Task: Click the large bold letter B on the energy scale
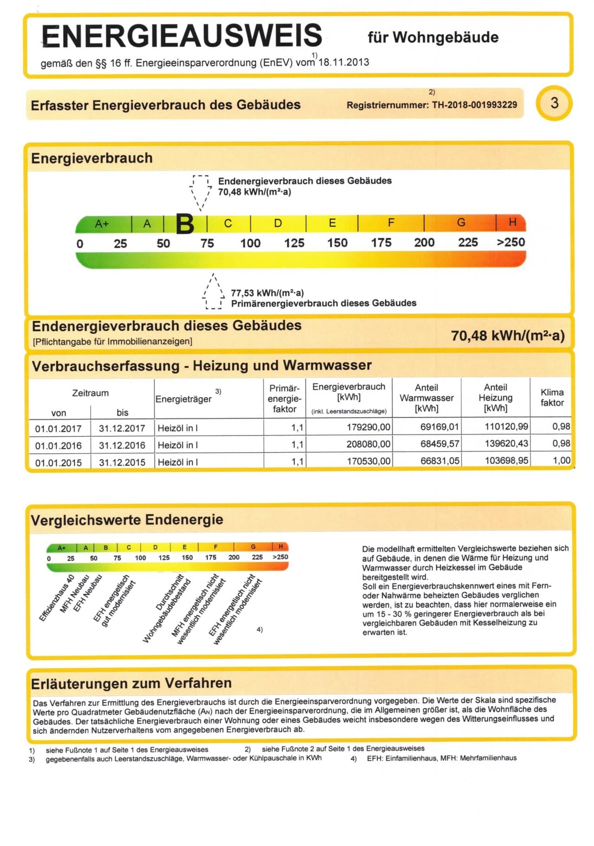(x=185, y=224)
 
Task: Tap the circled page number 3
(x=554, y=103)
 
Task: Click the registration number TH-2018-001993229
(x=474, y=105)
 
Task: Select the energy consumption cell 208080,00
(x=368, y=444)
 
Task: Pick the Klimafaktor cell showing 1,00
(x=561, y=460)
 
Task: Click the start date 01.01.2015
(x=58, y=463)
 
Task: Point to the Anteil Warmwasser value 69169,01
(x=439, y=426)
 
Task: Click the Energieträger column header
(x=183, y=399)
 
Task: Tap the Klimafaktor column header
(x=552, y=397)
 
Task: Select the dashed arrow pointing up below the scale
(x=213, y=291)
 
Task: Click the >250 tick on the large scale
(x=511, y=242)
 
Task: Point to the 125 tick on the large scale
(x=294, y=243)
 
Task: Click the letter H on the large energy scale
(x=512, y=223)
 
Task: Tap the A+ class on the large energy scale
(x=102, y=224)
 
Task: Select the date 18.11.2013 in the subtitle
(x=343, y=62)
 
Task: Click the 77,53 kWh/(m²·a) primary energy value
(x=267, y=293)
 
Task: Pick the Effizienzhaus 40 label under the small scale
(x=57, y=598)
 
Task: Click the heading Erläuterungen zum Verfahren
(x=131, y=683)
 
